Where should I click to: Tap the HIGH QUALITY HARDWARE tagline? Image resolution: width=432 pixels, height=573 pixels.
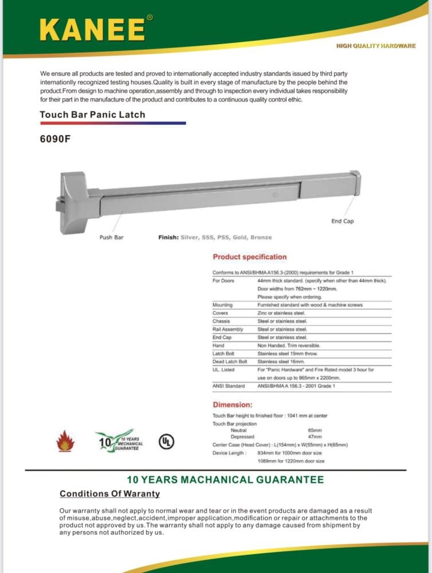[x=376, y=46]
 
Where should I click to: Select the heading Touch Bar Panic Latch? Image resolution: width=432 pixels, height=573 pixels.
[x=92, y=115]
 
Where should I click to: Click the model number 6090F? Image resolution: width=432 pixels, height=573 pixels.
[x=55, y=138]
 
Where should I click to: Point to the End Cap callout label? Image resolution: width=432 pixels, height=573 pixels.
[x=343, y=221]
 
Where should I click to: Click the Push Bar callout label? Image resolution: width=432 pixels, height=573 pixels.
[x=111, y=237]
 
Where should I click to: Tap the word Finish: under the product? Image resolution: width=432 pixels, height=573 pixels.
[x=168, y=237]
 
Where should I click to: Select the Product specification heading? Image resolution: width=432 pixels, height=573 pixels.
[x=249, y=257]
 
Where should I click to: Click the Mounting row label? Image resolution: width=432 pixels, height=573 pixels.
[x=223, y=305]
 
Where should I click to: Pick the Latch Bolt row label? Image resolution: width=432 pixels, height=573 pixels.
[x=224, y=354]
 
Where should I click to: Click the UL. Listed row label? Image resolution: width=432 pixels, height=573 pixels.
[x=223, y=370]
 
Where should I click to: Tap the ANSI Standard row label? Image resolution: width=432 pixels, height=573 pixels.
[x=229, y=386]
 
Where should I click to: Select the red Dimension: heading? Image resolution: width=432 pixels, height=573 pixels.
[x=233, y=405]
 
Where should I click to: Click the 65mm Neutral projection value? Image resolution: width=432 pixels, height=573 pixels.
[x=315, y=430]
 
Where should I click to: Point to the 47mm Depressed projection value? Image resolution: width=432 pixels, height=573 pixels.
[x=315, y=437]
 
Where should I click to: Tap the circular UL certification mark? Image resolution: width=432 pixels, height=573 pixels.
[x=166, y=442]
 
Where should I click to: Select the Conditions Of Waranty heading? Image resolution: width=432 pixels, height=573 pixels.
[x=110, y=494]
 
